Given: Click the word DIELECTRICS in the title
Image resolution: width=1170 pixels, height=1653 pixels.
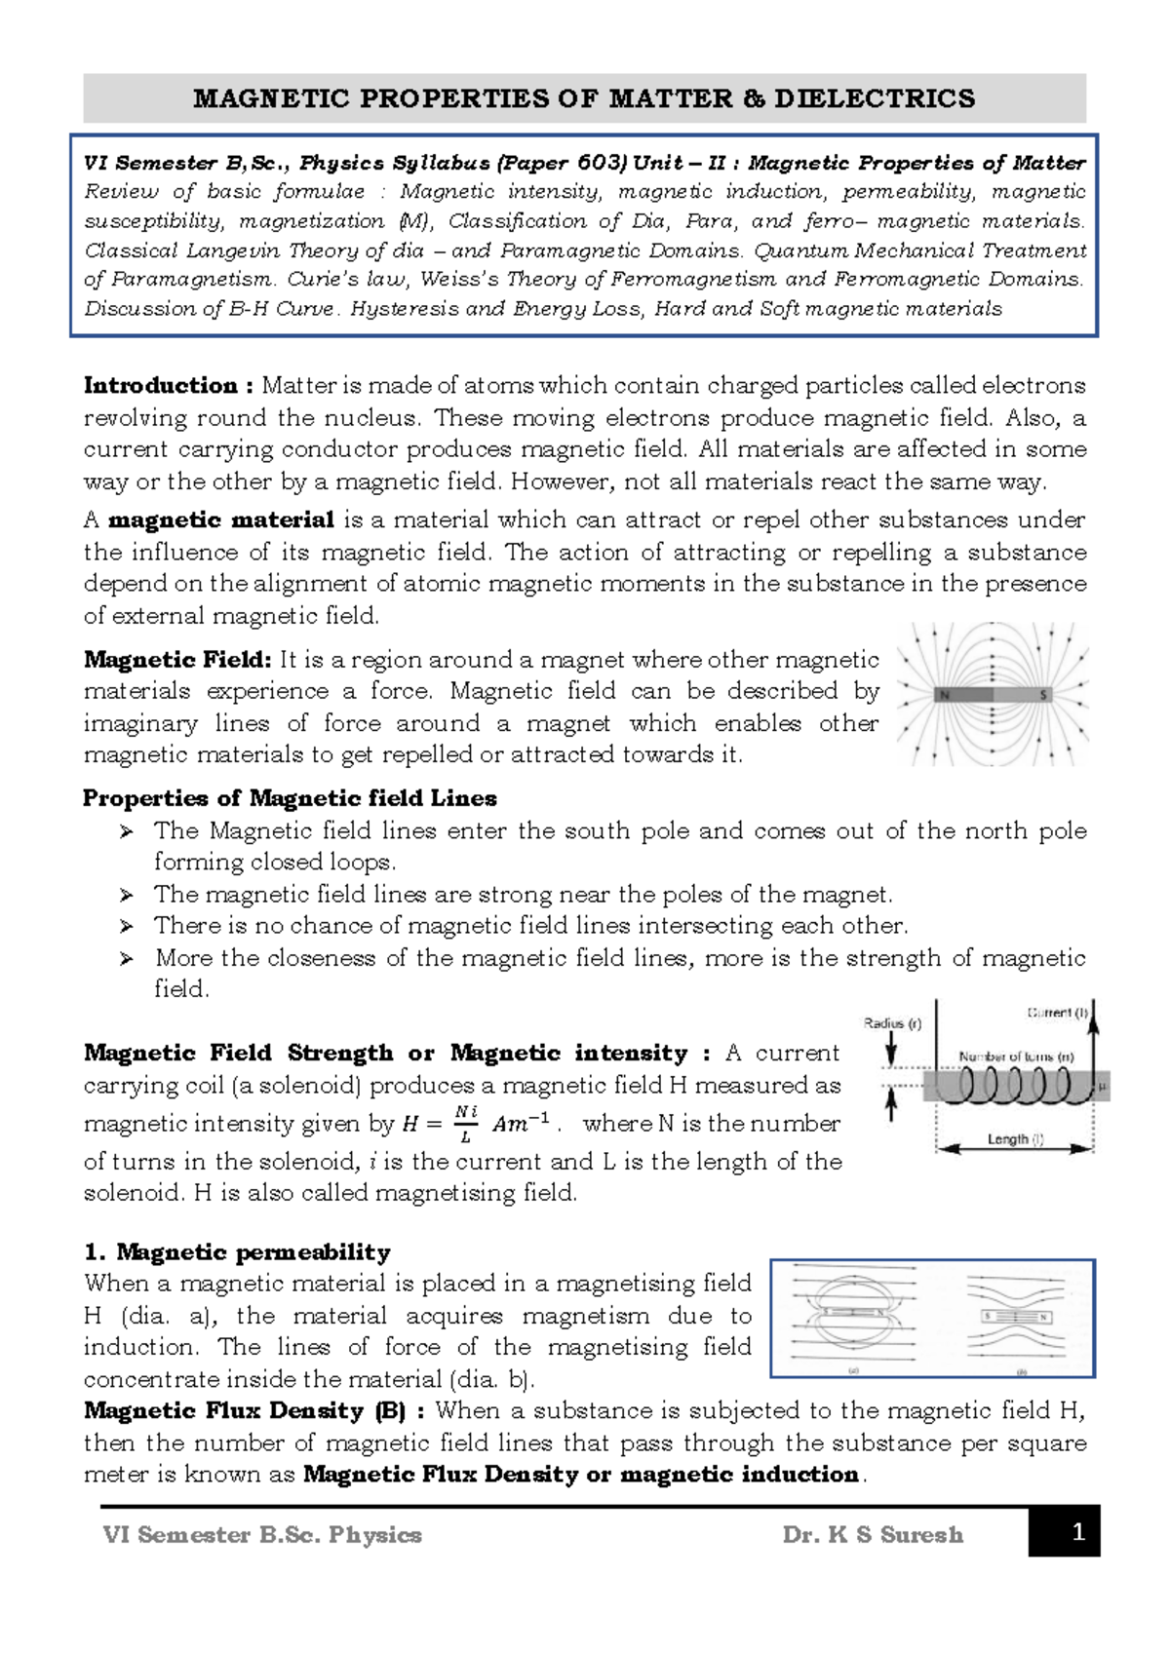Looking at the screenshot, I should pyautogui.click(x=875, y=98).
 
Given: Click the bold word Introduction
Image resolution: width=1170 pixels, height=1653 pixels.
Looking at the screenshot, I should pyautogui.click(x=161, y=386).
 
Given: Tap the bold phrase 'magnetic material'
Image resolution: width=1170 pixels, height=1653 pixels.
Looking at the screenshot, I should pyautogui.click(x=221, y=519).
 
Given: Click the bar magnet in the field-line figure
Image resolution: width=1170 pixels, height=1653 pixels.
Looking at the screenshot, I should pyautogui.click(x=993, y=695).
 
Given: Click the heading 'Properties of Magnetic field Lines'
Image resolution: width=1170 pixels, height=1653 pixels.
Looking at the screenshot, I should pyautogui.click(x=290, y=798).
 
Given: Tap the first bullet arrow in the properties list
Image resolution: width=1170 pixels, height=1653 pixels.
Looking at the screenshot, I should pyautogui.click(x=126, y=831).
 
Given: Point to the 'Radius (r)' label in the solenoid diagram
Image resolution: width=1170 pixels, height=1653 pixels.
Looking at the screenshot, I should pyautogui.click(x=892, y=1023).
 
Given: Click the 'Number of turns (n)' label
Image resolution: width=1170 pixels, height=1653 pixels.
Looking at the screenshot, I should pyautogui.click(x=1015, y=1057).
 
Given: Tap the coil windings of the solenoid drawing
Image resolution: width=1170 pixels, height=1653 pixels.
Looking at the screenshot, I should pyautogui.click(x=1014, y=1085).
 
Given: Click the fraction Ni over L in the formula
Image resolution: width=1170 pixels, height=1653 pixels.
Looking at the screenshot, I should pyautogui.click(x=466, y=1124).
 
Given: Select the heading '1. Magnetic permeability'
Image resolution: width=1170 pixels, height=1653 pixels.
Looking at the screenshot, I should pyautogui.click(x=237, y=1252).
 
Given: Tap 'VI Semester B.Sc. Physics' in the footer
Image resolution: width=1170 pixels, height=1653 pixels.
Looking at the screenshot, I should pyautogui.click(x=262, y=1535).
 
